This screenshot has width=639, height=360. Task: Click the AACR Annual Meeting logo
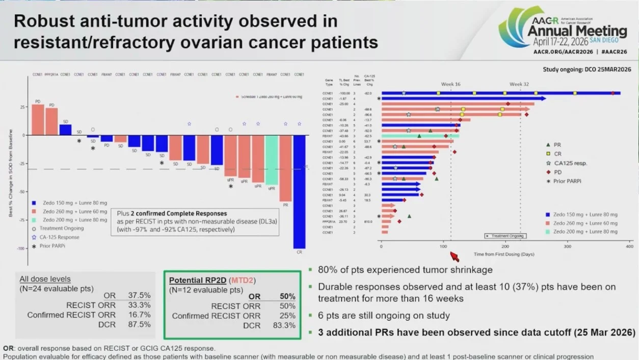pos(563,31)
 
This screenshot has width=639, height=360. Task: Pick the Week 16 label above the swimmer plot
pos(450,84)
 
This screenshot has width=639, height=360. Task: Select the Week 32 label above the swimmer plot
pos(519,84)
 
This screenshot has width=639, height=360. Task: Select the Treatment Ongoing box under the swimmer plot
pos(504,236)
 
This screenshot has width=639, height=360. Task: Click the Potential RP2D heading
pos(198,280)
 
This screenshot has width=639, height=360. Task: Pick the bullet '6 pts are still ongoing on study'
pos(384,316)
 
